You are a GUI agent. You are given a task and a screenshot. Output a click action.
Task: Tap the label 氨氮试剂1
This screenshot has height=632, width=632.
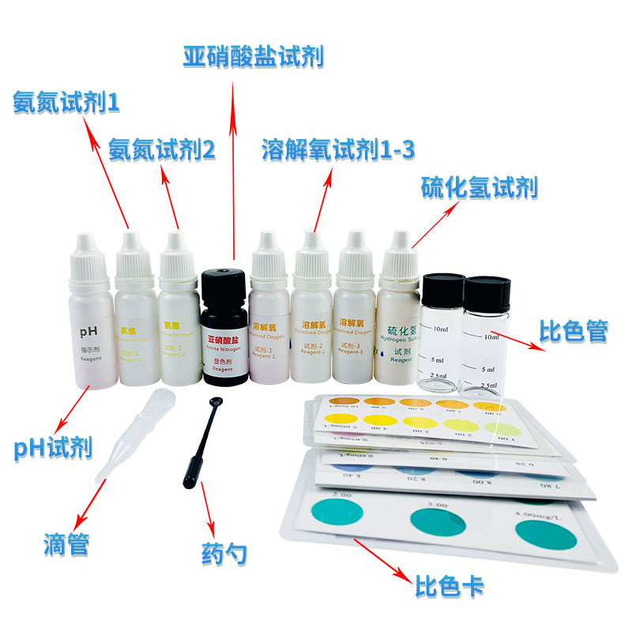tap(66, 102)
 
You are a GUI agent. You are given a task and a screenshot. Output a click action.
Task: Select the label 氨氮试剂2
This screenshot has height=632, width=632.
tap(162, 149)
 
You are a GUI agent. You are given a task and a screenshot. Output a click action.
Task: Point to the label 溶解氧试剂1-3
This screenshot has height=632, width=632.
tap(337, 149)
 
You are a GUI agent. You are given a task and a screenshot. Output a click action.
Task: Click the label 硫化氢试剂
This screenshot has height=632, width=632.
tap(479, 187)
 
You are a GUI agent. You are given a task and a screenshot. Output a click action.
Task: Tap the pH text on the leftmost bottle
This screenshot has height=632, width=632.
tap(84, 332)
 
